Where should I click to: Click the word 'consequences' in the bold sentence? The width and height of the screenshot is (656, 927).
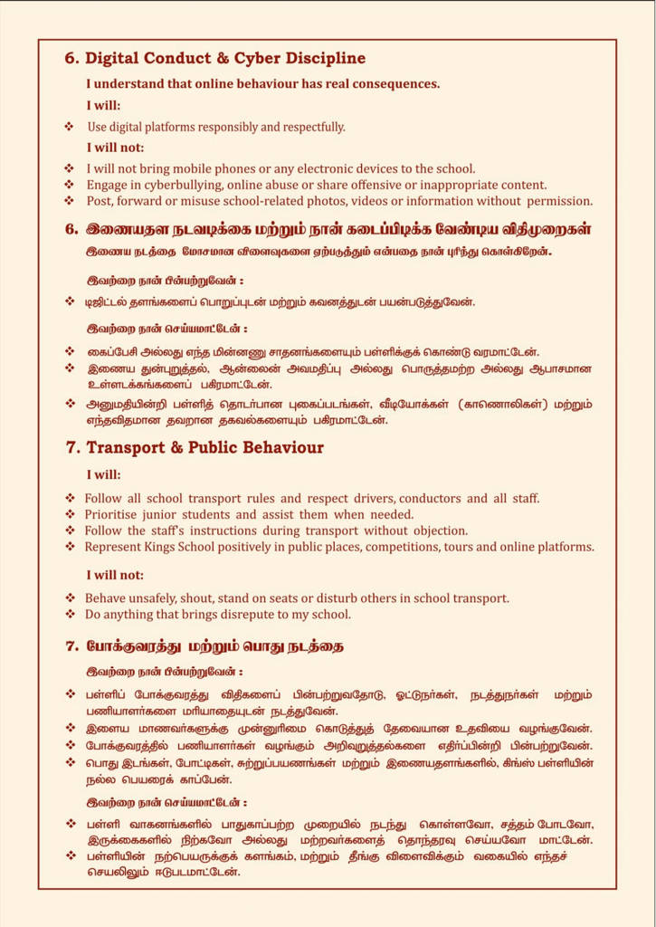pos(395,84)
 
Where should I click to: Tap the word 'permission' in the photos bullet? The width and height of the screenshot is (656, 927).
pos(558,201)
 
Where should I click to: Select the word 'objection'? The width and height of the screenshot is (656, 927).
pos(438,531)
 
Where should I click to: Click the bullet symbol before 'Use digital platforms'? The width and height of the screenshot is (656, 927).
pos(69,127)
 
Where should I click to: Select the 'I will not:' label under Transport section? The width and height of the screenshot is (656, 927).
pos(115,575)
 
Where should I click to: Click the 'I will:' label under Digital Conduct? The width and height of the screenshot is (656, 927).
pos(103,105)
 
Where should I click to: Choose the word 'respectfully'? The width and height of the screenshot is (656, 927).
pos(310,127)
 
